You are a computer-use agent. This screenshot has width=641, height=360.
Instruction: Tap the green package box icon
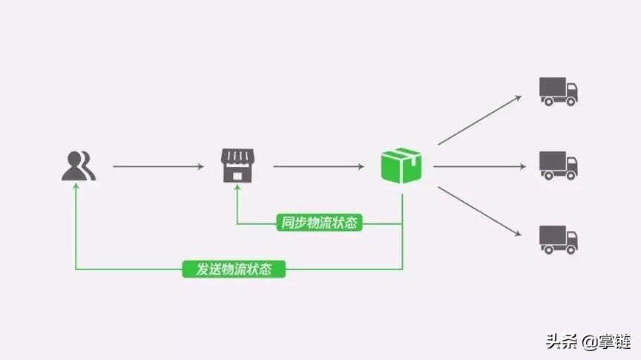click(401, 165)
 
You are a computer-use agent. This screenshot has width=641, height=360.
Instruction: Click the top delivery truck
click(558, 91)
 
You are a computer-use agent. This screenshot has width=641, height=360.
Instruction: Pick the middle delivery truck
click(558, 165)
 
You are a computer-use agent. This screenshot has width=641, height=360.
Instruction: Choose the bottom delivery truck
click(558, 239)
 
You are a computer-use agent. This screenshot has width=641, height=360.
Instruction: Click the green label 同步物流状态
click(319, 223)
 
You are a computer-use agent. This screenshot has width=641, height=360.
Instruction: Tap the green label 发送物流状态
click(234, 269)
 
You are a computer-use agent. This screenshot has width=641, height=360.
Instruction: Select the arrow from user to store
click(157, 166)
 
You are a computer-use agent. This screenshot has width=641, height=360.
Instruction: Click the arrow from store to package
click(319, 166)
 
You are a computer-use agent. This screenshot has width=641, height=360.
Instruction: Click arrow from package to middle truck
click(479, 166)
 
